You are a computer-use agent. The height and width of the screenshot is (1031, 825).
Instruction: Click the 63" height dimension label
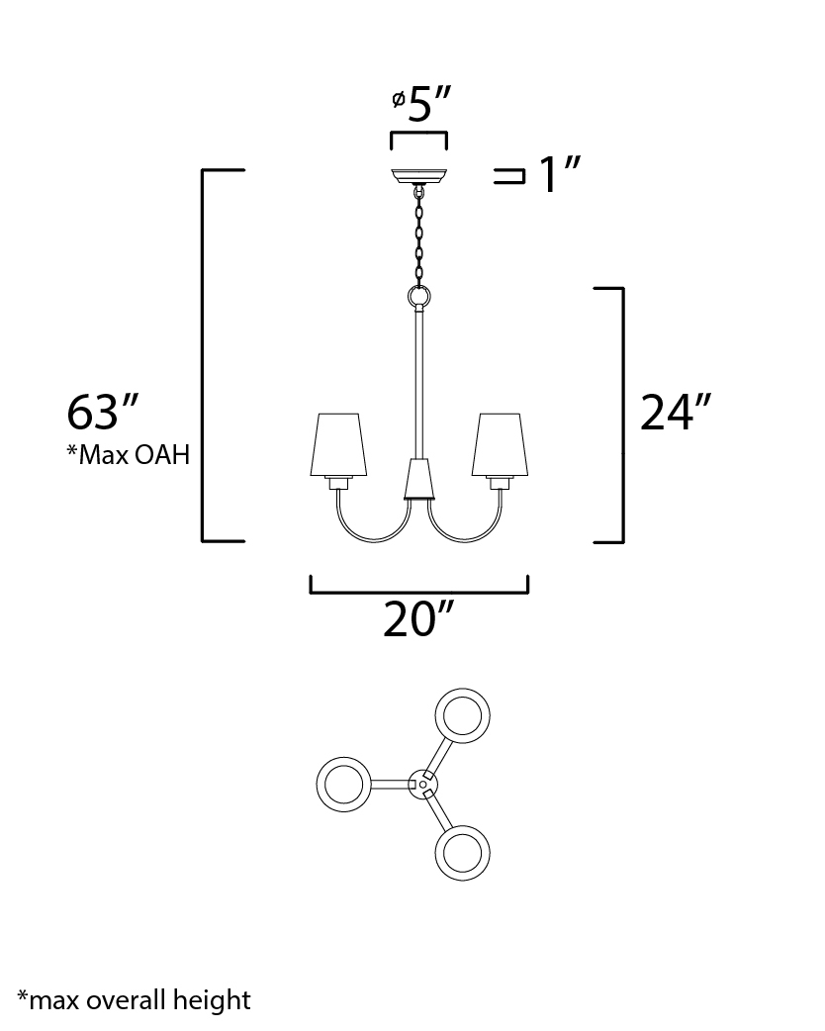102,413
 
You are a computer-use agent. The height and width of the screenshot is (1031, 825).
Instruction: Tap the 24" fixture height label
676,413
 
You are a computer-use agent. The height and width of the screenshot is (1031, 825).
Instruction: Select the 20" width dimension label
418,618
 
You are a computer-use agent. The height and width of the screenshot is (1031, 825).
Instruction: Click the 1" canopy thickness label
560,174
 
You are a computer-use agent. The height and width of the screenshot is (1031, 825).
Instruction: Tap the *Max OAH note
128,454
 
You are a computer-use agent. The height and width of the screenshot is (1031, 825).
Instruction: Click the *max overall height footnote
135,1000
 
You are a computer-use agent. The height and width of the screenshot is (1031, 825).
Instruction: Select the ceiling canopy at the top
418,176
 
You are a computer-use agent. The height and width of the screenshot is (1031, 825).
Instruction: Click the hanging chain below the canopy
418,235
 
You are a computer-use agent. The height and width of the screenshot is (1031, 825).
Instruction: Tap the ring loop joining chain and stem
418,296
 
